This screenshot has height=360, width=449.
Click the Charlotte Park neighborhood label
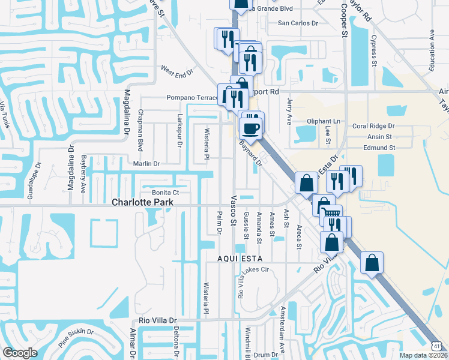[142, 203]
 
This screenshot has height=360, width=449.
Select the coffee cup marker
[250, 127]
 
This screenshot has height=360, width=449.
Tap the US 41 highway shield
[438, 346]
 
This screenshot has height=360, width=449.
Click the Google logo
[20, 353]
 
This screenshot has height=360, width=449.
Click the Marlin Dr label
[146, 163]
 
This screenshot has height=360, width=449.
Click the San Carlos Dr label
[297, 23]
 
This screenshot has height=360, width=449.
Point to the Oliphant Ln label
[323, 121]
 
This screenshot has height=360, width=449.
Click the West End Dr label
[176, 71]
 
